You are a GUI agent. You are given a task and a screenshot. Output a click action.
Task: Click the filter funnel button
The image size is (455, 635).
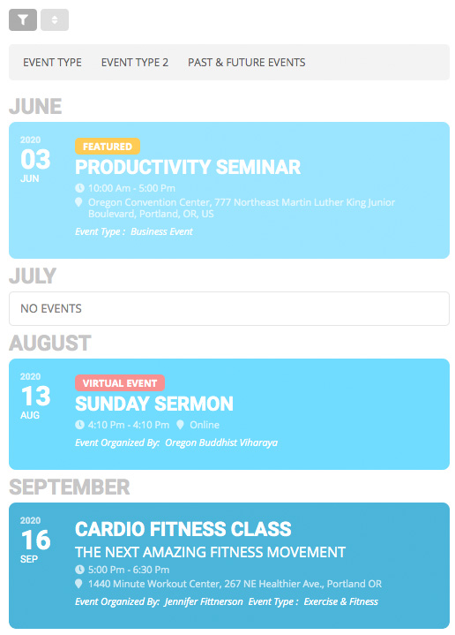23,19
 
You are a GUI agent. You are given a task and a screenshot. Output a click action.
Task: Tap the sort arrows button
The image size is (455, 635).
54,19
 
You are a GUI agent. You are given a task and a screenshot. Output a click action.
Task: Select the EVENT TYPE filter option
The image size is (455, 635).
52,63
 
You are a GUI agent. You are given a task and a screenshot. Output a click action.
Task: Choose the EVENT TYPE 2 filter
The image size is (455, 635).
134,63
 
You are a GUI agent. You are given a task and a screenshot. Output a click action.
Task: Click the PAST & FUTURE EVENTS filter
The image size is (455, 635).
246,63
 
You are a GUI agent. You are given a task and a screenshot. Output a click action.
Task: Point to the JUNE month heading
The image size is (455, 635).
35,107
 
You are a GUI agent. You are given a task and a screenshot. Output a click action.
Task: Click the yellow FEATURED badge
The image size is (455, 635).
108,147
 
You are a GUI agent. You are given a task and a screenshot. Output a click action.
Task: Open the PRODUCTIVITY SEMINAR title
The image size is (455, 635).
188,167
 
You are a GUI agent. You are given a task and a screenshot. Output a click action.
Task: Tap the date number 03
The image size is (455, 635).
36,160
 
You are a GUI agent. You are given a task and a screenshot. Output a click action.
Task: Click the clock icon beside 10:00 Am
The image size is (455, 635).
80,188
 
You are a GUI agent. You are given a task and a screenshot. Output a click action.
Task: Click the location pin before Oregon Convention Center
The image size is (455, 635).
80,202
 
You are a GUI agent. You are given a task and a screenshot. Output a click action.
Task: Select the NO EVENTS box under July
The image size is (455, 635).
228,308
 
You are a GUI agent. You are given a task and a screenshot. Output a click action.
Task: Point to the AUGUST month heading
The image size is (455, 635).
50,343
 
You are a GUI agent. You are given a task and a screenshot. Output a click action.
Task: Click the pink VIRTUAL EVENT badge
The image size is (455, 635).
120,383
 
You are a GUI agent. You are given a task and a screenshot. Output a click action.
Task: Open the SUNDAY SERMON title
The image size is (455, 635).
154,404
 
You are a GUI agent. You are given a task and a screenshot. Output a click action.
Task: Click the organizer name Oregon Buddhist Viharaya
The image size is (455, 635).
221,442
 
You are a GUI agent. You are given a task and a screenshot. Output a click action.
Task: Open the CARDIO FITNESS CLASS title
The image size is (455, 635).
183,530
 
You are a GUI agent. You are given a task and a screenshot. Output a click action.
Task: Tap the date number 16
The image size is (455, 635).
36,540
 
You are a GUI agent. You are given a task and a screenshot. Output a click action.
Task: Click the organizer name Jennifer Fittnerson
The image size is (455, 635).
205,601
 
